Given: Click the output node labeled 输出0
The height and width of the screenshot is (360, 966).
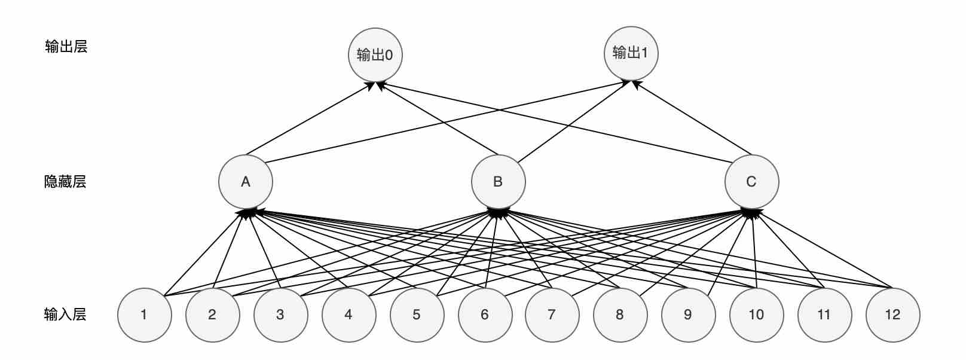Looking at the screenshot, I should click(375, 55).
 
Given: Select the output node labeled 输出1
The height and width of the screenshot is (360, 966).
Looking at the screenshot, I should click(631, 53).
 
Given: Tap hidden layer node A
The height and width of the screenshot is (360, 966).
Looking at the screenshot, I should click(246, 182).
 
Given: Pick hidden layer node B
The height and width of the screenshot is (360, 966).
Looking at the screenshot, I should click(498, 182).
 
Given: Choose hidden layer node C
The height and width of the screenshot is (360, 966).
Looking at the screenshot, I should click(751, 182).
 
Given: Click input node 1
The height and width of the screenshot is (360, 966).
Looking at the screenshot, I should click(144, 315).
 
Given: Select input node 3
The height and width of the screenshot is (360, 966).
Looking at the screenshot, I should click(280, 315).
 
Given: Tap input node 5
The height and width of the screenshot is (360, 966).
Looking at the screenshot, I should click(417, 315).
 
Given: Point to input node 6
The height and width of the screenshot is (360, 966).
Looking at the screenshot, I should click(485, 315).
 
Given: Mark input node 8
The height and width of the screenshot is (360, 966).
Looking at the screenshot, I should click(620, 315).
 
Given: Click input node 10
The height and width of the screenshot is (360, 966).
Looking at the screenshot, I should click(756, 315).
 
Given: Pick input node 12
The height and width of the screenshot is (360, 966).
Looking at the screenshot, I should click(892, 315).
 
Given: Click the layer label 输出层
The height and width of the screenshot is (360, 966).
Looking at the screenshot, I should click(66, 47).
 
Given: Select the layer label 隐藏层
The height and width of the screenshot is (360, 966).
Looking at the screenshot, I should click(66, 182).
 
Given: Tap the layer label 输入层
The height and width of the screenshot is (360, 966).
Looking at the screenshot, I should click(66, 315).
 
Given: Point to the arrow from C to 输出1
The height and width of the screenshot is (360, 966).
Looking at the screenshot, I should click(693, 117).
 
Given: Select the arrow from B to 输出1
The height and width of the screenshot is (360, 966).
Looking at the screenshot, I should click(573, 122).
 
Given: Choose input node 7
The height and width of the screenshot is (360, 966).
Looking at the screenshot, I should click(552, 315).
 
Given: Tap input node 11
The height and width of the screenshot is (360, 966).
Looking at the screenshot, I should click(824, 315).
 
